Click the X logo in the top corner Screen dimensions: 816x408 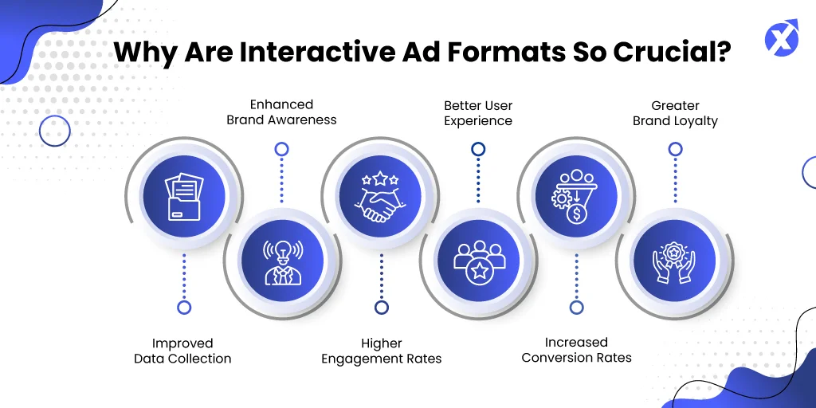pyautogui.click(x=782, y=37)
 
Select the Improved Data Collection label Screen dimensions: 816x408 pyautogui.click(x=182, y=351)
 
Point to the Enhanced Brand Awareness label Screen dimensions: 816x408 pyautogui.click(x=281, y=112)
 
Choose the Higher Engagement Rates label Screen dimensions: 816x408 pyautogui.click(x=382, y=351)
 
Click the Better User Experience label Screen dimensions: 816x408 pyautogui.click(x=478, y=113)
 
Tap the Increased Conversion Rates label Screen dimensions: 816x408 pyautogui.click(x=577, y=350)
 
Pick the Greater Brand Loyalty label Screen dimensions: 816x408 pyautogui.click(x=675, y=113)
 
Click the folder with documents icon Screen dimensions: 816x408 pyautogui.click(x=184, y=198)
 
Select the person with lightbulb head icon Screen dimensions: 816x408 pyautogui.click(x=283, y=262)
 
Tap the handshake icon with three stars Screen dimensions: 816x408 pyautogui.click(x=380, y=197)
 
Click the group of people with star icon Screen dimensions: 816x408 pyautogui.click(x=478, y=262)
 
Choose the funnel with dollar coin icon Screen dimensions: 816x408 pyautogui.click(x=575, y=197)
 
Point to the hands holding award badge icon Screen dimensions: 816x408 pyautogui.click(x=674, y=261)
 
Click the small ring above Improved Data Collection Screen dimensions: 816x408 pyautogui.click(x=184, y=307)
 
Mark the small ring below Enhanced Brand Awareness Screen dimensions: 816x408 pyautogui.click(x=281, y=150)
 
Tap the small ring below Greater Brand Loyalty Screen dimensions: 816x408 pyautogui.click(x=675, y=150)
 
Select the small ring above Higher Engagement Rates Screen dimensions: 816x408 pyautogui.click(x=382, y=307)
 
